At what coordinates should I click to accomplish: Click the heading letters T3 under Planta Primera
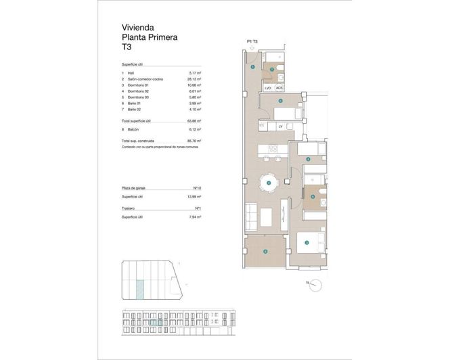(x=126, y=49)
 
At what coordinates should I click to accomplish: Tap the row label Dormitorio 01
(x=139, y=85)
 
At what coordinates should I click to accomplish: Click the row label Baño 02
(x=135, y=110)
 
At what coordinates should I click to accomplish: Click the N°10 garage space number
(x=199, y=187)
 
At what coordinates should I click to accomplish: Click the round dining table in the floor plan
(x=269, y=183)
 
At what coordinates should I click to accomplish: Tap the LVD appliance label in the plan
(x=268, y=88)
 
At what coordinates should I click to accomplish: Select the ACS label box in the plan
(x=279, y=88)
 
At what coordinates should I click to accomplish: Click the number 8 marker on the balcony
(x=265, y=252)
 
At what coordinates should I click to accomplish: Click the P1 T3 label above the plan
(x=253, y=42)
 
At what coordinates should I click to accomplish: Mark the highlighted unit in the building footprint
(x=139, y=290)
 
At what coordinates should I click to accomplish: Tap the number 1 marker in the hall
(x=252, y=67)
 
